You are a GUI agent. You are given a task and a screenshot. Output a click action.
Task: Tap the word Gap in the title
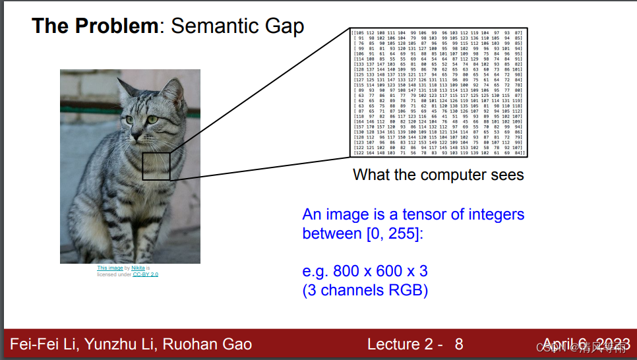click(x=284, y=26)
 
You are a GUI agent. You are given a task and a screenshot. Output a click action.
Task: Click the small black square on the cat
click(x=156, y=166)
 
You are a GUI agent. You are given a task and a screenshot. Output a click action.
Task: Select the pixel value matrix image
click(x=438, y=92)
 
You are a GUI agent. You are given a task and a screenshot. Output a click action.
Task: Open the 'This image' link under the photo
click(x=110, y=268)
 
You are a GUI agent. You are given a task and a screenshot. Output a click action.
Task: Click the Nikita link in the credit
click(x=138, y=268)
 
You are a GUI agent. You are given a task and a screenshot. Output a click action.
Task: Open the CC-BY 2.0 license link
click(x=145, y=274)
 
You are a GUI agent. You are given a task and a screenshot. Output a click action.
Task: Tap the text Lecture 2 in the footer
click(x=402, y=344)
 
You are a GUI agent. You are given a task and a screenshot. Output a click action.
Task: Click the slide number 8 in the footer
click(x=459, y=344)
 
